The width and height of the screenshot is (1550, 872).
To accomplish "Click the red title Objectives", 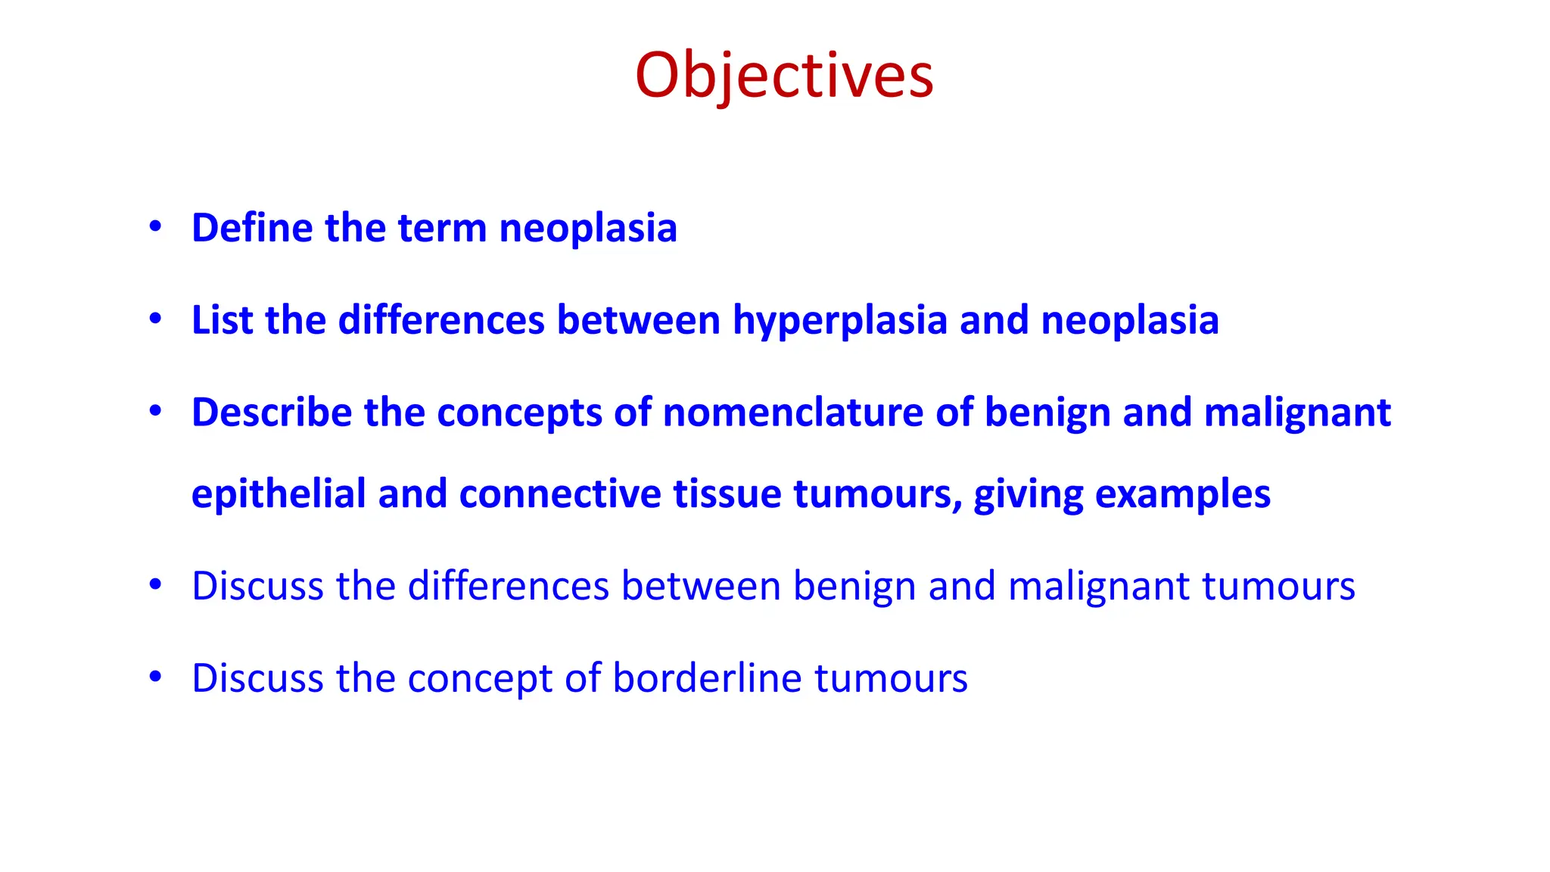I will (x=784, y=76).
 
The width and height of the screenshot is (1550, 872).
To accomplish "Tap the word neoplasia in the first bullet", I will (x=588, y=229).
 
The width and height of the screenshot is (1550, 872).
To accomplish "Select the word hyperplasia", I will (x=840, y=321).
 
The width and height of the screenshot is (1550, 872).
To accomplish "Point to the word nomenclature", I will (x=793, y=413).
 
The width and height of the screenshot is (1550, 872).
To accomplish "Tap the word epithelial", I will (x=279, y=494).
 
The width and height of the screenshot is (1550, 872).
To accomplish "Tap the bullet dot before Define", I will (x=155, y=226).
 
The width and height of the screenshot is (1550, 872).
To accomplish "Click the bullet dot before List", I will (x=155, y=319).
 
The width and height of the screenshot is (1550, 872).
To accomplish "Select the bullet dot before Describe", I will (x=155, y=411).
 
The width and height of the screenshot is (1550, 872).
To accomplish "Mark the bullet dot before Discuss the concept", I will (x=155, y=676).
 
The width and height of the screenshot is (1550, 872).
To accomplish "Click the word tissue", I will (x=727, y=494).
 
